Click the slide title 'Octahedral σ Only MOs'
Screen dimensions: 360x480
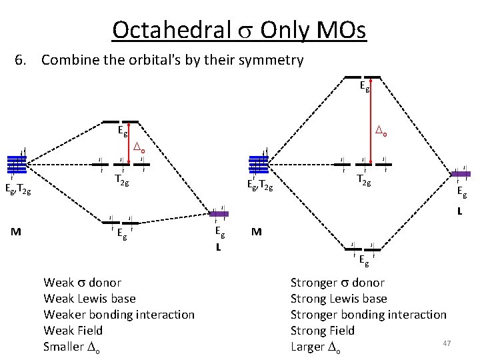(x=239, y=30)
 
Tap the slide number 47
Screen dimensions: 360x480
(x=447, y=343)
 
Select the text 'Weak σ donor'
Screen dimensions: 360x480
(x=83, y=282)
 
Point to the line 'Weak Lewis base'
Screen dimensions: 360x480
(x=89, y=298)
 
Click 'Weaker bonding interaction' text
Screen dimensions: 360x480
(x=119, y=314)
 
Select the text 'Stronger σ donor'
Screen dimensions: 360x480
(x=337, y=282)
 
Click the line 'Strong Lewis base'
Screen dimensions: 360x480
(x=339, y=298)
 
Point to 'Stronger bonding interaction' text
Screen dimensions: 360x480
(x=369, y=314)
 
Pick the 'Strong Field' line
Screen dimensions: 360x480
(x=323, y=330)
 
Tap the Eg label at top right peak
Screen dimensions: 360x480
(x=365, y=86)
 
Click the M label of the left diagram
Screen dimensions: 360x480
(x=15, y=232)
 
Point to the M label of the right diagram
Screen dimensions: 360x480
(x=257, y=232)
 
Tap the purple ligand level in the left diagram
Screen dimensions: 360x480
(x=219, y=214)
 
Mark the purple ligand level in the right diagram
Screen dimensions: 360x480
(x=461, y=173)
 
